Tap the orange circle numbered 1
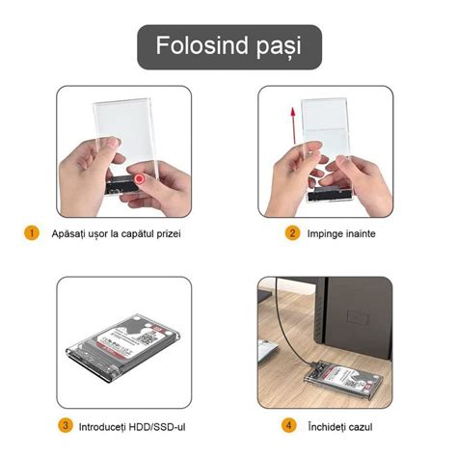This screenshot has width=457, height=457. point(32,233)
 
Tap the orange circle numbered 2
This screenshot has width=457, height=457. point(291,233)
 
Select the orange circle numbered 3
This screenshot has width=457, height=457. point(66,424)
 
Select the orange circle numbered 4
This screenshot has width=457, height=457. point(288,424)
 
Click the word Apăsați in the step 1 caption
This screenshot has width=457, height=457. point(72,234)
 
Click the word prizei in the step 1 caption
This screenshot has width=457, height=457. point(165,234)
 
